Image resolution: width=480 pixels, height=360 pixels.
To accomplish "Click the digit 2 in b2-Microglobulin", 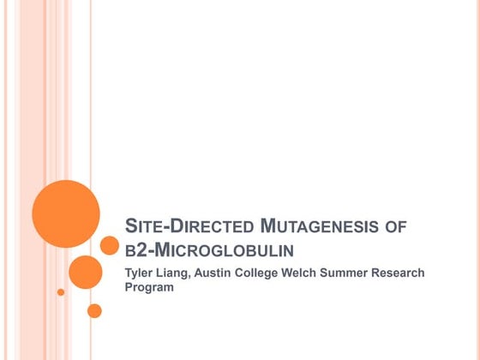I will click(x=141, y=250).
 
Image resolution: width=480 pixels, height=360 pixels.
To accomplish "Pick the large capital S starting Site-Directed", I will click(x=131, y=227).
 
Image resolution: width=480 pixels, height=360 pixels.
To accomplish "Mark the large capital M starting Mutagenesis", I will click(x=267, y=227).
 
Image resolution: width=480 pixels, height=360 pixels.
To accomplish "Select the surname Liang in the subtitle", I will click(x=177, y=273).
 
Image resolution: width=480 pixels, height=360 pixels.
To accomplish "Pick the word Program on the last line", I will click(x=150, y=288).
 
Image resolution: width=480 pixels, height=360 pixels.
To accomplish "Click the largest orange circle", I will click(x=66, y=213).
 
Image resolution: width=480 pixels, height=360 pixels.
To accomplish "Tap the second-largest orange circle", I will click(x=85, y=272).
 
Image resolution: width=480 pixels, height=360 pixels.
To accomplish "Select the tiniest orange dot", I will click(x=61, y=292).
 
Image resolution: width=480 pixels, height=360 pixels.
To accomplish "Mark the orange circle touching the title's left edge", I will click(x=109, y=246).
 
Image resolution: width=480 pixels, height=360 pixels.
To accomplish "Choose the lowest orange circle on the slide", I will click(x=94, y=310).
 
